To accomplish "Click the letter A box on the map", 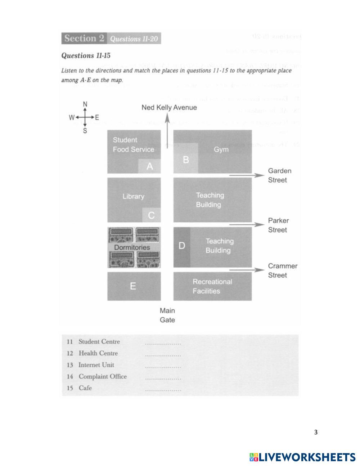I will pos(150,166).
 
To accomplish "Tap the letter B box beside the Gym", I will pos(186,159).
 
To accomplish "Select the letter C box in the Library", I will pos(151,215).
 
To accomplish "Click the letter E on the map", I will pos(133,286).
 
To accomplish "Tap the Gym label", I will pos(221,149).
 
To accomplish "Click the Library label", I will pos(133,197).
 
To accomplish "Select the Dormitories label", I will pos(132,247).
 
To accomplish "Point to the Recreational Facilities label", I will pos(212,286).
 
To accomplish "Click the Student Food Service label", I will pos(133,144).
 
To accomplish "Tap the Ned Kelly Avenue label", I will pos(169,107).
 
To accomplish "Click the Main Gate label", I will pos(167,315).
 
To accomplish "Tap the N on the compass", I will pos(85,104).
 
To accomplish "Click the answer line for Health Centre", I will pos(163,355).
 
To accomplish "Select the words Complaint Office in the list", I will pos(103,376).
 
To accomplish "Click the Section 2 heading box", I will pos(85,39).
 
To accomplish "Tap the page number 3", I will pos(316,432).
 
